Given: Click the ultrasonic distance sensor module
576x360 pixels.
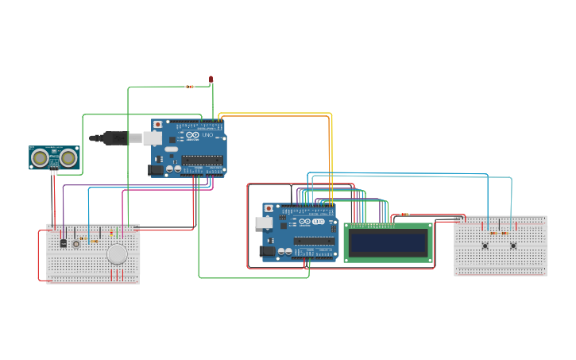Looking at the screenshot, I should (x=54, y=158).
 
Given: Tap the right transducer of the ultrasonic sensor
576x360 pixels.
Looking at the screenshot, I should (x=69, y=158).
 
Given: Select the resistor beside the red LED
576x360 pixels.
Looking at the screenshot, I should (x=189, y=87).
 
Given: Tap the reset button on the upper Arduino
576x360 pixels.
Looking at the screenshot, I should (x=157, y=125).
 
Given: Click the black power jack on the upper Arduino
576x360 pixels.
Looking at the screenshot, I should (x=156, y=168).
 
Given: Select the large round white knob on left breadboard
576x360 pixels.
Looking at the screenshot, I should (x=117, y=254).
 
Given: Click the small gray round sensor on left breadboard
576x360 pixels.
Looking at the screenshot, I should (x=76, y=244).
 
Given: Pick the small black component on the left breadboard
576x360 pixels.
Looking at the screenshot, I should (x=63, y=243).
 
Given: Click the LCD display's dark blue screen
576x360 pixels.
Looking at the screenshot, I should (x=388, y=242).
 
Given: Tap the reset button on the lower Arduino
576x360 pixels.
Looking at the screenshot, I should (x=269, y=208).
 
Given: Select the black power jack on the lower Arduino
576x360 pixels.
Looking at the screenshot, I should (x=267, y=251).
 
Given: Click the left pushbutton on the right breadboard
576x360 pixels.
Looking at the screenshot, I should (x=485, y=246).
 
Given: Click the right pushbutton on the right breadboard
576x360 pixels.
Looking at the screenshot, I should (x=513, y=246).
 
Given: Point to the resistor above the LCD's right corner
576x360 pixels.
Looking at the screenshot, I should (x=405, y=214).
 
